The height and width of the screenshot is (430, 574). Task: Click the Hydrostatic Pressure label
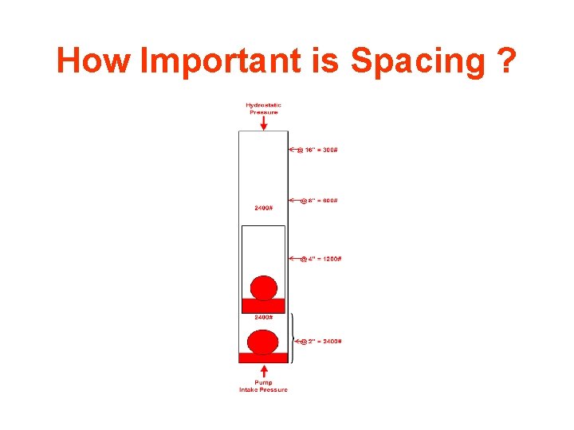[263, 109]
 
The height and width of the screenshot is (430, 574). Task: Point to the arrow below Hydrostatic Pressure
[263, 123]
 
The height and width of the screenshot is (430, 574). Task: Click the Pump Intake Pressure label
[263, 386]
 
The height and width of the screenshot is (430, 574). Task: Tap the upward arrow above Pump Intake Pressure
[263, 371]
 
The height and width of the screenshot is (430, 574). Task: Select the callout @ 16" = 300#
[317, 150]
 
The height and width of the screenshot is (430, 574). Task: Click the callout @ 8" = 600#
[318, 201]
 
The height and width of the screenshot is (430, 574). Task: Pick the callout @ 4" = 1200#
[320, 258]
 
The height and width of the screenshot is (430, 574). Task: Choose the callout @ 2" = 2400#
[320, 342]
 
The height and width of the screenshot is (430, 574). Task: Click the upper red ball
[263, 287]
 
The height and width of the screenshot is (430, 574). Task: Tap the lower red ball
[263, 342]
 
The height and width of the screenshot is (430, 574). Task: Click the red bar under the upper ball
[263, 306]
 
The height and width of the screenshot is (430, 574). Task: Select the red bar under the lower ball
[263, 358]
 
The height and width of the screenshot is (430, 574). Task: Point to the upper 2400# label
[264, 209]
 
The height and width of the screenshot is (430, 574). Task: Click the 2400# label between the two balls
[264, 318]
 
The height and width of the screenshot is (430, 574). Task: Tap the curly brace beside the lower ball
[292, 338]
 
